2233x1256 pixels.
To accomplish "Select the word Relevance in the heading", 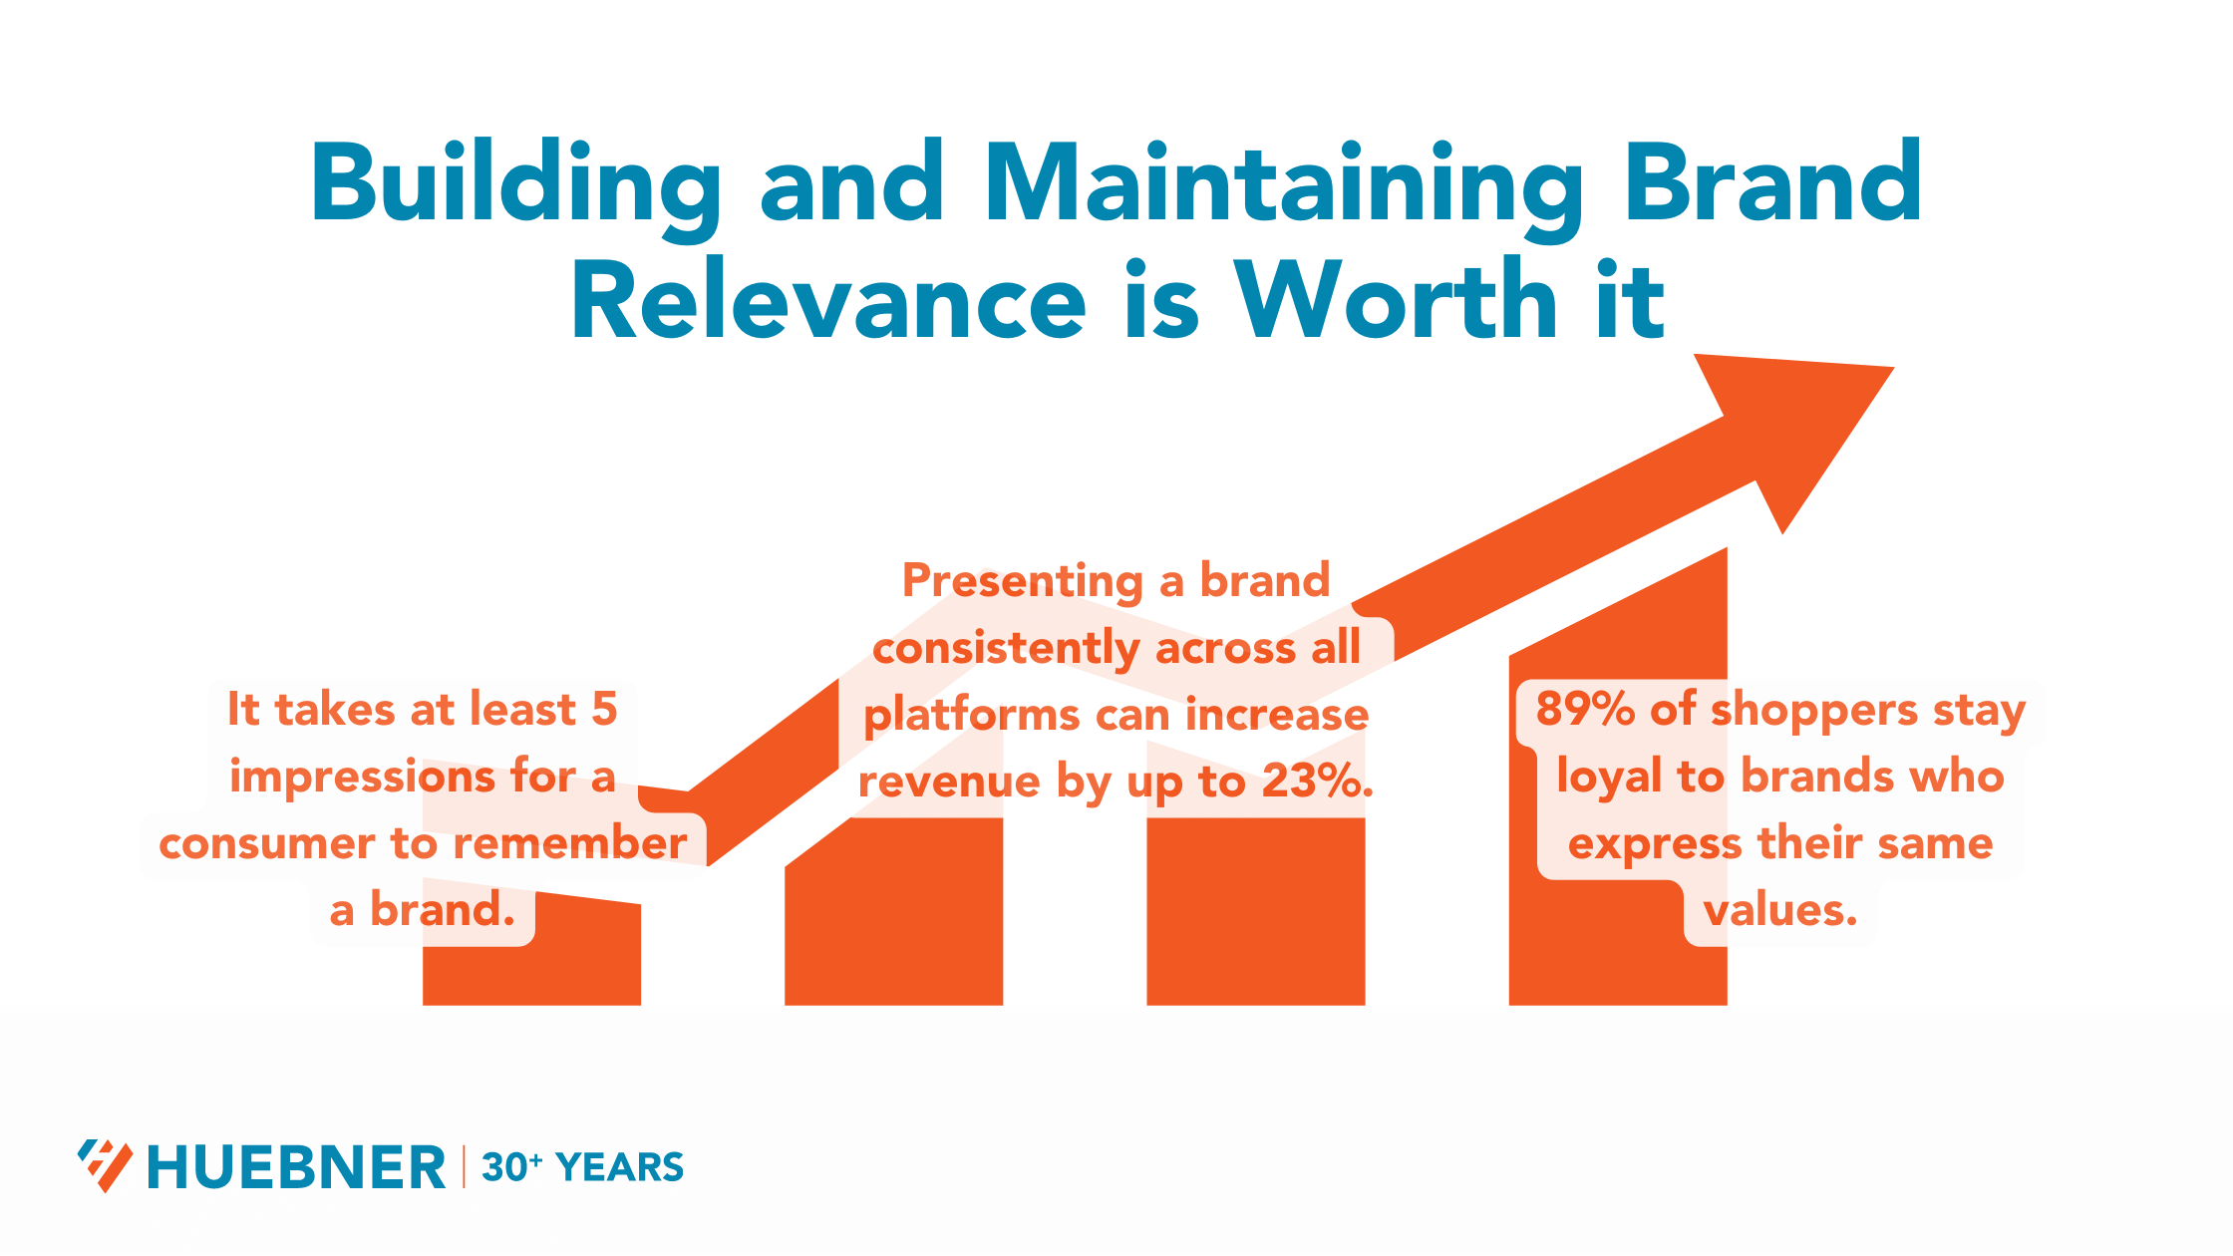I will click(x=827, y=302).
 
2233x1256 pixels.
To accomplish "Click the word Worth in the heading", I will click(x=1396, y=302).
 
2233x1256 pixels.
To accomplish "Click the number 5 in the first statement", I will click(x=604, y=710).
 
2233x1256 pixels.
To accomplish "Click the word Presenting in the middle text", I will click(x=1023, y=581).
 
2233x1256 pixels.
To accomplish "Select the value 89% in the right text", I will click(x=1584, y=710).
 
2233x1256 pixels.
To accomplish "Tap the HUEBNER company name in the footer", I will click(x=296, y=1167).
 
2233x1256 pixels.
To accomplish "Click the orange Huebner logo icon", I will click(x=105, y=1165).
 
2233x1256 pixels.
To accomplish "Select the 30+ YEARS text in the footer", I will click(x=582, y=1167).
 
